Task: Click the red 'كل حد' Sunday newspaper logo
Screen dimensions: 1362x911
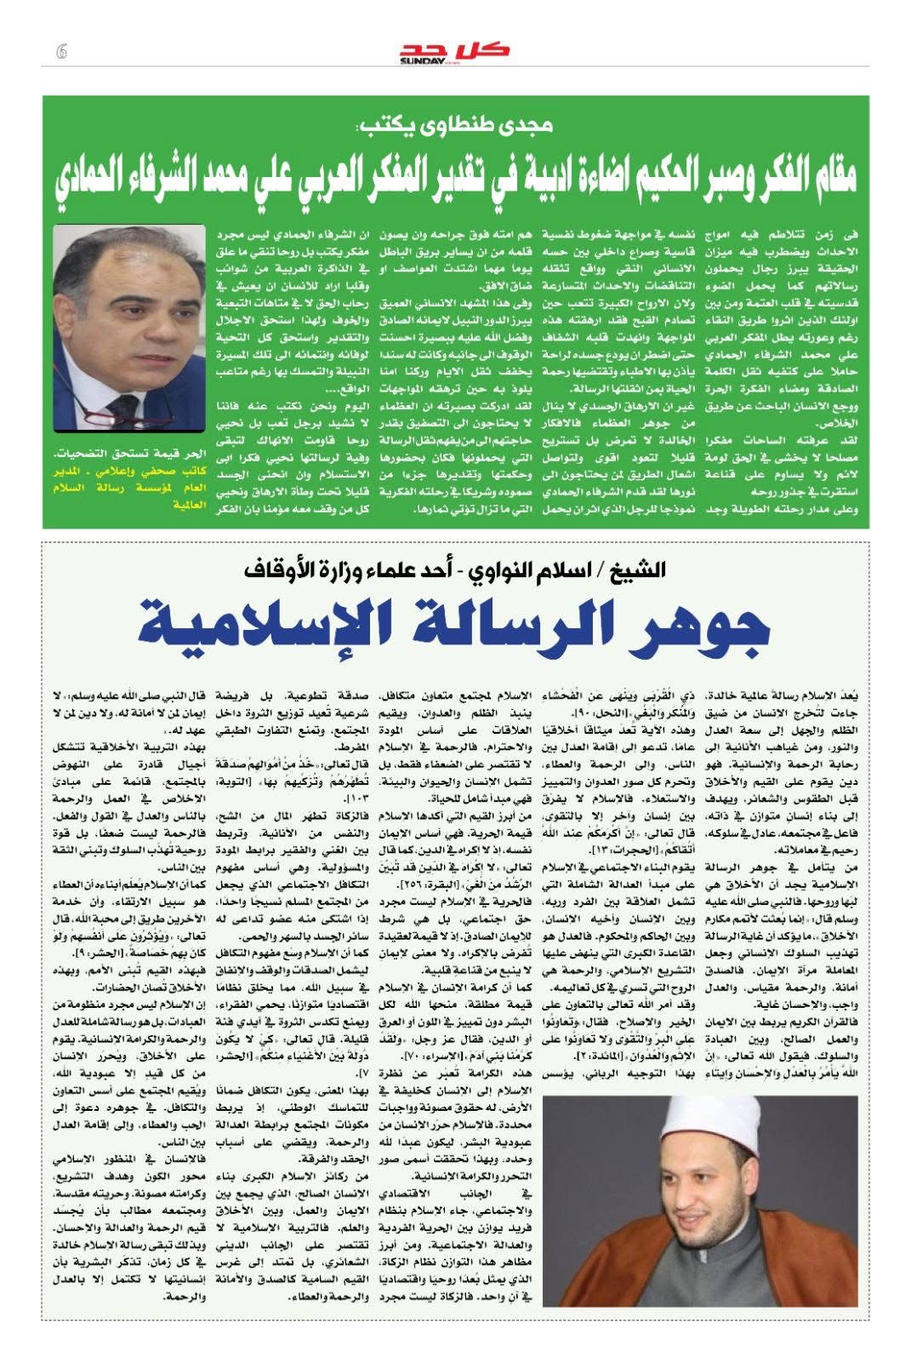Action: coord(455,49)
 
